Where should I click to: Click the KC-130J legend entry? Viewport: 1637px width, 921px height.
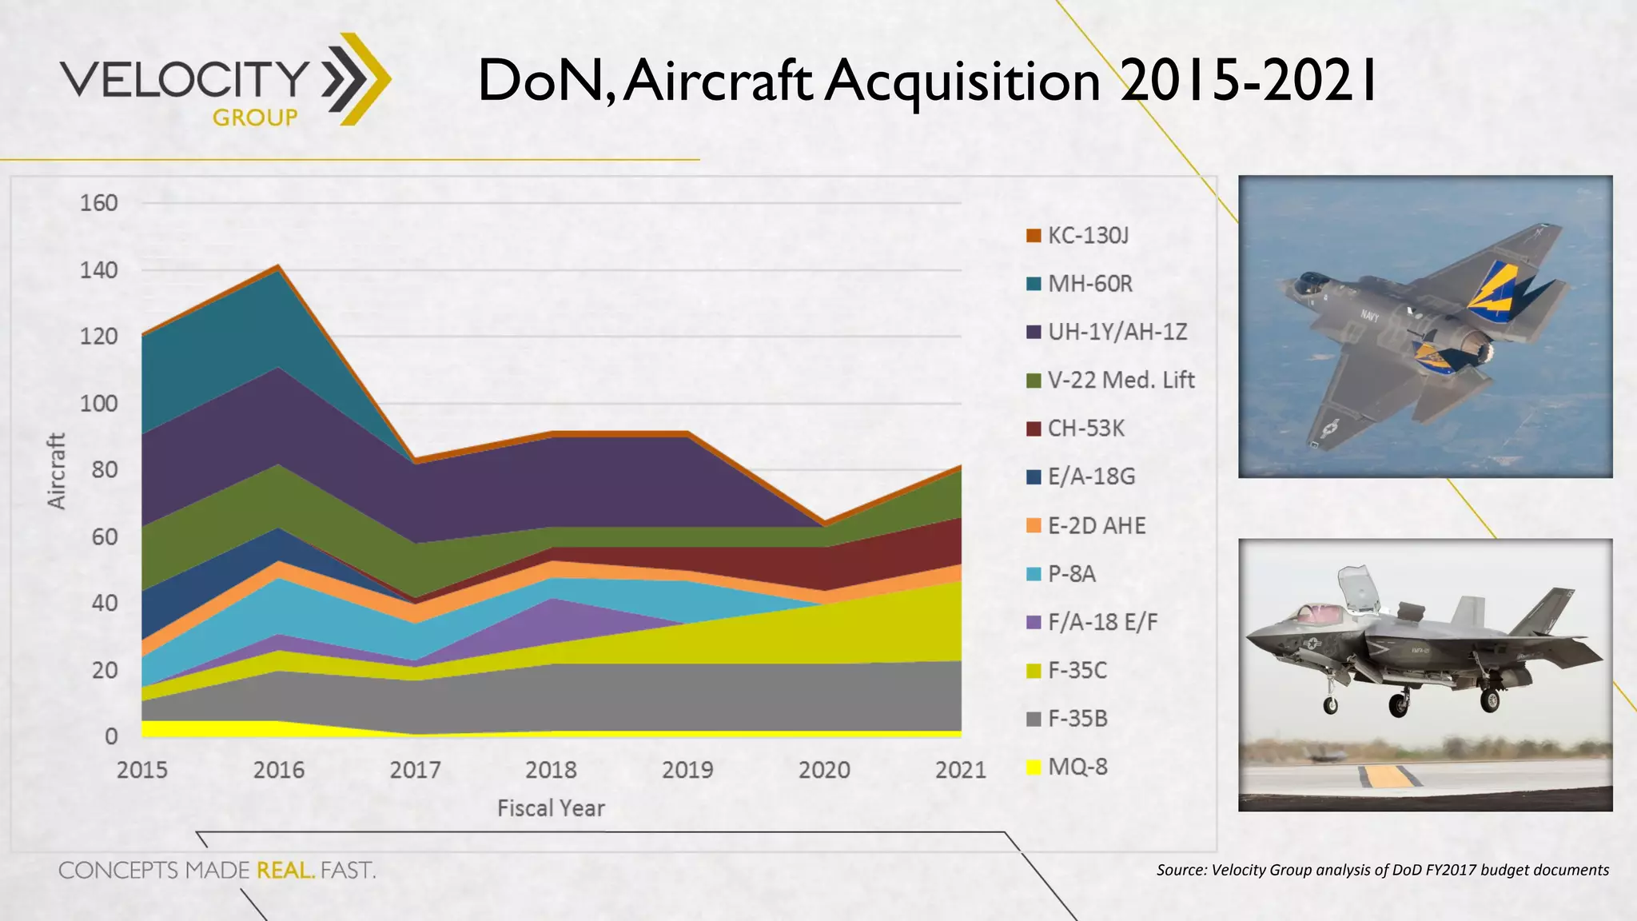[x=1087, y=236]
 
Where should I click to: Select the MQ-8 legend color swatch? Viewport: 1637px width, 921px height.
[x=1034, y=767]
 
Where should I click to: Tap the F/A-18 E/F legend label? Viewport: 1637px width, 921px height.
[x=1102, y=622]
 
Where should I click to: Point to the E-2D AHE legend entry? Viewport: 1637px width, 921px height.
[x=1096, y=525]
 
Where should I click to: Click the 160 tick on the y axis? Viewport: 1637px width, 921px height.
[x=99, y=203]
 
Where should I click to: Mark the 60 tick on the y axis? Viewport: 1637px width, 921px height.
[x=104, y=536]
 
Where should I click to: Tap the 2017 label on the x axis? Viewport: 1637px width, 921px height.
[x=415, y=770]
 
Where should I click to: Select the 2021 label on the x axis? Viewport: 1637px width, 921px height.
[x=960, y=770]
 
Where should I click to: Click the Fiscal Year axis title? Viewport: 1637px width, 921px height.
[x=551, y=808]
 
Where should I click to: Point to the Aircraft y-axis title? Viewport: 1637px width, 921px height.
[x=56, y=471]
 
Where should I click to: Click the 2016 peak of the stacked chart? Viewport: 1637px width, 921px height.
[x=278, y=266]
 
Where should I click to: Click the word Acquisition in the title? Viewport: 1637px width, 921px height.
[x=962, y=82]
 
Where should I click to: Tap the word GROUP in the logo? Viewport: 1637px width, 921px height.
[x=255, y=118]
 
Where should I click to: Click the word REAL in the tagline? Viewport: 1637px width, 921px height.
[x=285, y=870]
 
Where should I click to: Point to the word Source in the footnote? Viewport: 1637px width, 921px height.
[x=1181, y=870]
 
